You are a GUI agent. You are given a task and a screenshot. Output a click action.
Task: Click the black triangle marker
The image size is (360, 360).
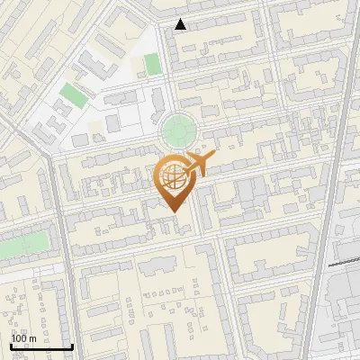[x=181, y=24]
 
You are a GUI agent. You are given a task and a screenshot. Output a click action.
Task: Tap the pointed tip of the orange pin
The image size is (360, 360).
[x=174, y=211]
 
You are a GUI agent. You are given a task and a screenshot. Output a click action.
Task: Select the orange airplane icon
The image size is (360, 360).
[x=199, y=164]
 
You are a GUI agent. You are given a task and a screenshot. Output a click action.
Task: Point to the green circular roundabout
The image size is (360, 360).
[x=177, y=131]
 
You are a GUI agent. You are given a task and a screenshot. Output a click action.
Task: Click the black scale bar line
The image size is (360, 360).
[x=41, y=346]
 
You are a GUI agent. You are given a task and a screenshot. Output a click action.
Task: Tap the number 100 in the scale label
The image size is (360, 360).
[x=19, y=338]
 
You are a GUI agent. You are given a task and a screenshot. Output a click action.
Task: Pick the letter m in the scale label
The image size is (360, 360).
[x=32, y=338]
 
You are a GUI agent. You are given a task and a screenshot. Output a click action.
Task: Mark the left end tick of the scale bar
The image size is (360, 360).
[x=11, y=345]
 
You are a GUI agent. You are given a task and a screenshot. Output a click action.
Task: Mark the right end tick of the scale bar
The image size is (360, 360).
[x=72, y=345]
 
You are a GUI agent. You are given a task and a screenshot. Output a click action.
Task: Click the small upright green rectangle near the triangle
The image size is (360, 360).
[x=152, y=64]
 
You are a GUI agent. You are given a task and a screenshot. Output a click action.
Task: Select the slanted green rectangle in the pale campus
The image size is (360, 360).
[x=71, y=93]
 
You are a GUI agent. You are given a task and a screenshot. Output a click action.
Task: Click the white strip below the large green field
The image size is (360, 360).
[x=22, y=269]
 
